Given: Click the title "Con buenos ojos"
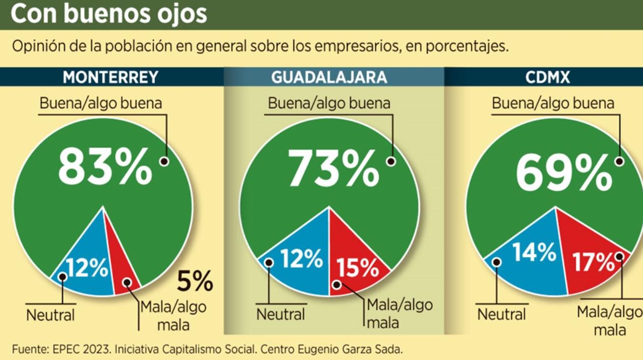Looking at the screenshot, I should pyautogui.click(x=109, y=14).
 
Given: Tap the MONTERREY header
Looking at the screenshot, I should pyautogui.click(x=111, y=77).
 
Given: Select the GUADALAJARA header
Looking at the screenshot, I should pyautogui.click(x=329, y=77).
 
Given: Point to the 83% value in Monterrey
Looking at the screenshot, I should pyautogui.click(x=105, y=166).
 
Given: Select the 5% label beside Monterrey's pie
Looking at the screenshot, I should pyautogui.click(x=194, y=282).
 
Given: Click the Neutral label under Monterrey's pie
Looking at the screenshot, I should pyautogui.click(x=50, y=315).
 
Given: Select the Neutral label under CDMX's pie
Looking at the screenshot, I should pyautogui.click(x=501, y=314).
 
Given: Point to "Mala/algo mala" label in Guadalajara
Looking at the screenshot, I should pyautogui.click(x=399, y=314).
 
